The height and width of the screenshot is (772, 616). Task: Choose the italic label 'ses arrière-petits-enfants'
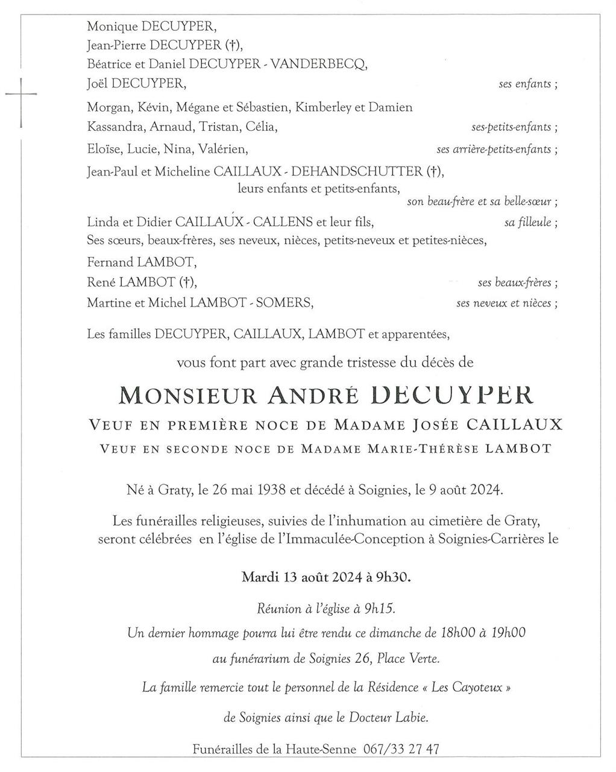[494, 150]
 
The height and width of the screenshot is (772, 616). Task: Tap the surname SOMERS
[284, 303]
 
